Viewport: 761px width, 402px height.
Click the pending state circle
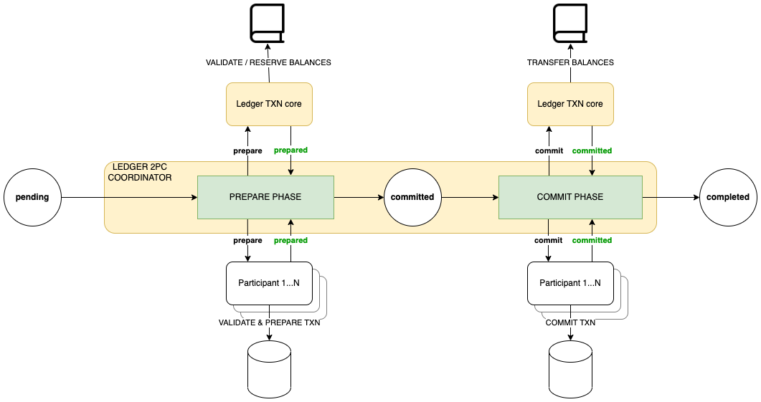32,197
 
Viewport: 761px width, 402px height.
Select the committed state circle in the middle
412,197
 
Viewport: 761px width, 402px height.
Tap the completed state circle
728,197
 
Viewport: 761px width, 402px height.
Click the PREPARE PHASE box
265,197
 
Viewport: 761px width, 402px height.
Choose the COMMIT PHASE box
570,197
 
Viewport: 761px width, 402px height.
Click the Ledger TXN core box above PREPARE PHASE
269,104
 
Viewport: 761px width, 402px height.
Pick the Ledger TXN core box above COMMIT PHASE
570,104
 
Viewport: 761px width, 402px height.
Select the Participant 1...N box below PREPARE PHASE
269,282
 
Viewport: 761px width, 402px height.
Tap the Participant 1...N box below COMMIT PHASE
570,282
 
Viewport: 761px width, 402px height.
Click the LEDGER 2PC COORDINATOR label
140,172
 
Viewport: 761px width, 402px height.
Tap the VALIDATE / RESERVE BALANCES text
268,63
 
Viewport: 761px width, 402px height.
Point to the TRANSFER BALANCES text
570,63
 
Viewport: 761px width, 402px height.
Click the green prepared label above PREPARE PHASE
290,150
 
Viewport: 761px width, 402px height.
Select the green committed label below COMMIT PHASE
592,241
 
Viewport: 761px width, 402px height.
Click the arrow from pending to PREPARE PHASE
129,197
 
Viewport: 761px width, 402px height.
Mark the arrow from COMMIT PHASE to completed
671,197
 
